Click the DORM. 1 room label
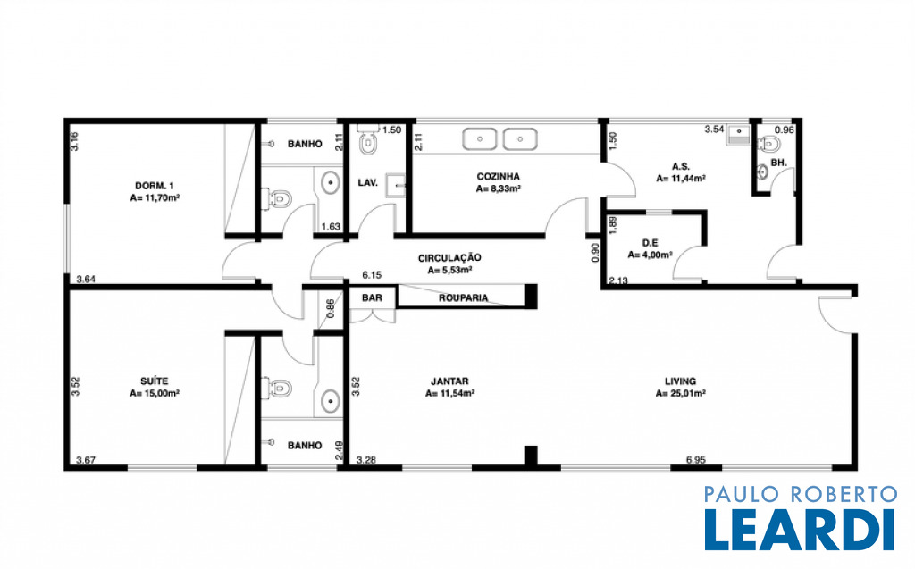click(x=154, y=186)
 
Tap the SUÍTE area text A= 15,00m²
click(x=154, y=393)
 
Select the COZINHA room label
click(x=498, y=176)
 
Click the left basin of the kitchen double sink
click(x=480, y=139)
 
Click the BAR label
click(x=372, y=297)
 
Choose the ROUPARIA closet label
click(x=463, y=297)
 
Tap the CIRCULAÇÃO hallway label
click(x=449, y=258)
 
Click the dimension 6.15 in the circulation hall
click(x=372, y=274)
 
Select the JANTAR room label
click(x=449, y=381)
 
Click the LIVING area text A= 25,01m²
click(x=680, y=393)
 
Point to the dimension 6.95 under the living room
click(x=695, y=460)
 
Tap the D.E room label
click(x=651, y=243)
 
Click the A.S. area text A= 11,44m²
click(x=680, y=179)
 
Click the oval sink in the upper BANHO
click(x=331, y=182)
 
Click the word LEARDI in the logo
click(x=800, y=530)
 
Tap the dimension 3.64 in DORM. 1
click(x=86, y=279)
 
